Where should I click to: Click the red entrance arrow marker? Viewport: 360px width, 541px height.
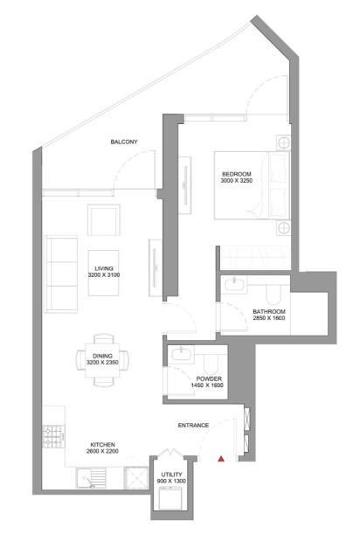point(221,459)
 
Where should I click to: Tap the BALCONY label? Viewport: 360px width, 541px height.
point(124,142)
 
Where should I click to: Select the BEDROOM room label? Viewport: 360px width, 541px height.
point(237,174)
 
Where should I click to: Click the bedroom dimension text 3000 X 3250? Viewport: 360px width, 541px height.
point(237,180)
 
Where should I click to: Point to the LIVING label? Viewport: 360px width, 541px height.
point(104,268)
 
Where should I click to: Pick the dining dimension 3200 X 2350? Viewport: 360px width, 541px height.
point(102,363)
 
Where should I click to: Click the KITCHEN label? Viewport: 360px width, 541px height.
point(103,445)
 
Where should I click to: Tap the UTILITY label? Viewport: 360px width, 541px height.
point(171,475)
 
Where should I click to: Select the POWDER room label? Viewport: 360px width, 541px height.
point(209,378)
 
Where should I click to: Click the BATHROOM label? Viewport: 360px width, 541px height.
point(269,311)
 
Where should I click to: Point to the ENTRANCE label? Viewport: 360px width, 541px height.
point(193,426)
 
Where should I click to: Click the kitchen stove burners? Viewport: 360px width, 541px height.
point(52,436)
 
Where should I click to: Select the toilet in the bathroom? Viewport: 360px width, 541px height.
point(273,295)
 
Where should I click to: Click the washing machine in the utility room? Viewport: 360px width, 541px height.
point(171,497)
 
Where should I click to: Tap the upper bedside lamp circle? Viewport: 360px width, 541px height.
point(283,142)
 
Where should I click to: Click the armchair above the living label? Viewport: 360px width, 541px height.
point(104,219)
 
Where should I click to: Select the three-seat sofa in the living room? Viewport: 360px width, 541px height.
point(60,274)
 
